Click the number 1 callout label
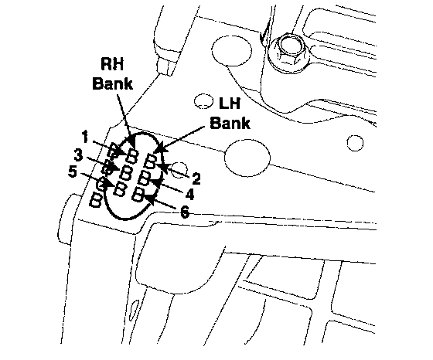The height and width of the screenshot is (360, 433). pos(85,137)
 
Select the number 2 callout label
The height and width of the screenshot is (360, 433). pos(196,178)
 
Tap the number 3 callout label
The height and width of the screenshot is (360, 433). pos(78,155)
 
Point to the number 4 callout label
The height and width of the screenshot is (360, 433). pos(189,194)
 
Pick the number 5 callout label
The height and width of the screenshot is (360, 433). pos(73,172)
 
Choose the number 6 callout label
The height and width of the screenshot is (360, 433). pos(185,212)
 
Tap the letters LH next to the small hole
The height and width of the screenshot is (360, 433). pos(229,104)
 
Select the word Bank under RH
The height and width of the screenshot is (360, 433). pos(112,83)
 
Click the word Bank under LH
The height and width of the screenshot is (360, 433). pos(230,123)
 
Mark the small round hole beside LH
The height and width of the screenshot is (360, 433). pos(203,101)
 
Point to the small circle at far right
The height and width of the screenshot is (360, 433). pos(355,143)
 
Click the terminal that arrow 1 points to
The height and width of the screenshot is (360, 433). pos(131,156)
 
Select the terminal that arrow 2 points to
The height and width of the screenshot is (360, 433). pos(151,161)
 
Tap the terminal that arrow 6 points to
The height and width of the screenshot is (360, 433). pos(138,195)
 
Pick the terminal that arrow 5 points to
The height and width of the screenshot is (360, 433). pos(121,189)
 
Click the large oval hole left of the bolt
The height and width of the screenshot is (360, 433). pos(232,50)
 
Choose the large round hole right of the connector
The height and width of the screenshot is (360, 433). pos(247,158)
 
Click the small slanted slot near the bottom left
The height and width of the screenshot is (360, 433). pos(135,310)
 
